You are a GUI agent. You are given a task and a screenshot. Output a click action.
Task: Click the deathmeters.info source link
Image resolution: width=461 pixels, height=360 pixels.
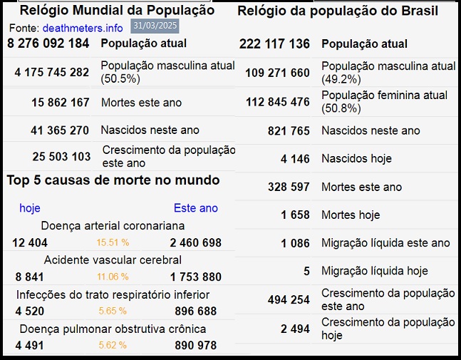(83, 28)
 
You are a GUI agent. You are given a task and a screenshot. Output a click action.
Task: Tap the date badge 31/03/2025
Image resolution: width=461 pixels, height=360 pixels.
(155, 26)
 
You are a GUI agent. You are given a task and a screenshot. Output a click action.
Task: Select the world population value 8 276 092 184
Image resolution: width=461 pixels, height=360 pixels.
(48, 43)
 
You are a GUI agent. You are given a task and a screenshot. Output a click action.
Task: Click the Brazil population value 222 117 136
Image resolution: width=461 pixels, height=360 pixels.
(274, 44)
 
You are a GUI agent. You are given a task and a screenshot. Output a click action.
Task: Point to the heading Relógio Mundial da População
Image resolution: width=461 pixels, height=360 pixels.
(117, 11)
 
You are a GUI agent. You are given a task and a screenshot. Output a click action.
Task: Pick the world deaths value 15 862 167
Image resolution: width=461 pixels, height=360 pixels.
(61, 103)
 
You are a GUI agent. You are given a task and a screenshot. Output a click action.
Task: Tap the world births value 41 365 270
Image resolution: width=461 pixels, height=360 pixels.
(60, 130)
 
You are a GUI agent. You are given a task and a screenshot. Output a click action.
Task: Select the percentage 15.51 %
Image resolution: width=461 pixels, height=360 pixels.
(113, 243)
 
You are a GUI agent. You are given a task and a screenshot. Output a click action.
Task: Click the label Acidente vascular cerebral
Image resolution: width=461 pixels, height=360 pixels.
(113, 260)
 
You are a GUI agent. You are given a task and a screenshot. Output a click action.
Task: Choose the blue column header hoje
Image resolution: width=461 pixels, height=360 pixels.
(30, 208)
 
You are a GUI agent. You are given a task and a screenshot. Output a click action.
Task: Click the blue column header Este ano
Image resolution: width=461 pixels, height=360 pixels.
(196, 208)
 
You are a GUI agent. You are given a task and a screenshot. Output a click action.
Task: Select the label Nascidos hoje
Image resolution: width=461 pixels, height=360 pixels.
(356, 158)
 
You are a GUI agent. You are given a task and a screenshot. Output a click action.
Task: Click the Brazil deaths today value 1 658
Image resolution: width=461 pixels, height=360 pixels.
(295, 215)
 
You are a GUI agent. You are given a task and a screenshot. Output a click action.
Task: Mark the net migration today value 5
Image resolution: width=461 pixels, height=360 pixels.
(306, 271)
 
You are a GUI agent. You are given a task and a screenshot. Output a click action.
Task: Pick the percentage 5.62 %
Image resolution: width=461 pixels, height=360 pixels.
(112, 346)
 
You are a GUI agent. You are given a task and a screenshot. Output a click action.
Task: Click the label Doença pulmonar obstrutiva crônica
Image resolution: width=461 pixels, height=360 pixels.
(113, 329)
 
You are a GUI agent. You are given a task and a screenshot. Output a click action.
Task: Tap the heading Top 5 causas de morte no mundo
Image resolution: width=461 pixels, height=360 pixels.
(113, 180)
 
